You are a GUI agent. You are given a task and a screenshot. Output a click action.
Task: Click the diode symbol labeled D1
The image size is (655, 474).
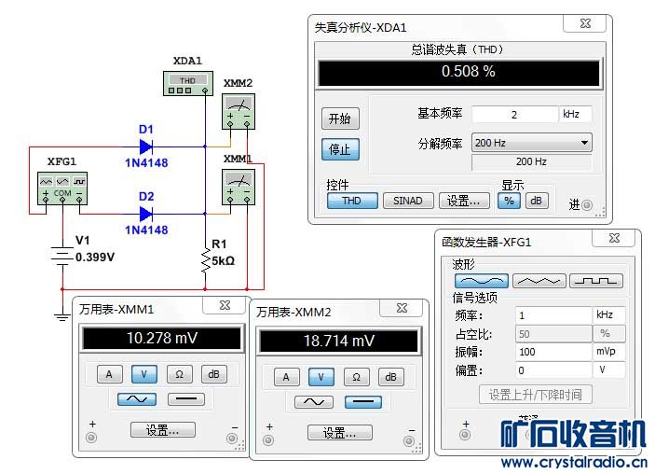pyautogui.click(x=146, y=146)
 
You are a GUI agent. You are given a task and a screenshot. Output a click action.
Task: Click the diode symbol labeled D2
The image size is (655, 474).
pyautogui.click(x=146, y=213)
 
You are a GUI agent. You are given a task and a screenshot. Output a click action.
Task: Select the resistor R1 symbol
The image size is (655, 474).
pyautogui.click(x=206, y=260)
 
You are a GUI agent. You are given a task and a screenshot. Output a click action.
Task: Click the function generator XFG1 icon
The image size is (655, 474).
pyautogui.click(x=61, y=187)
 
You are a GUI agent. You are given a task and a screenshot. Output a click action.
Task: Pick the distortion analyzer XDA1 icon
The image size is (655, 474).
pyautogui.click(x=186, y=85)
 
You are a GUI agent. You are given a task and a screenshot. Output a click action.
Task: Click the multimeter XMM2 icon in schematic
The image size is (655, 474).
pyautogui.click(x=238, y=113)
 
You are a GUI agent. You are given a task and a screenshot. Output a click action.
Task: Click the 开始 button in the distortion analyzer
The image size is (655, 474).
pyautogui.click(x=340, y=119)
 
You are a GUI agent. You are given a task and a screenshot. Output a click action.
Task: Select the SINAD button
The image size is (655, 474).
pyautogui.click(x=407, y=201)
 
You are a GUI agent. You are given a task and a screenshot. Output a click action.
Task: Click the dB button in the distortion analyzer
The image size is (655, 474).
pyautogui.click(x=536, y=201)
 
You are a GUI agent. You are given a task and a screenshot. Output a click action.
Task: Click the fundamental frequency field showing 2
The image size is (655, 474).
pyautogui.click(x=513, y=114)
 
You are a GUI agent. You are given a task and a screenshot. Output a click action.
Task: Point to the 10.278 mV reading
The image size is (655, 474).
pyautogui.click(x=161, y=338)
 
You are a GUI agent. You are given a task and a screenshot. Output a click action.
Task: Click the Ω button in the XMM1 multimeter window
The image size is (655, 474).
pyautogui.click(x=180, y=374)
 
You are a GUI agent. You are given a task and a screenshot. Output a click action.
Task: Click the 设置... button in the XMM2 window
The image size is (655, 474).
pyautogui.click(x=340, y=433)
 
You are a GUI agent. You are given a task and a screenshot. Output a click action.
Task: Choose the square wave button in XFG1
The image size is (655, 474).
pyautogui.click(x=596, y=280)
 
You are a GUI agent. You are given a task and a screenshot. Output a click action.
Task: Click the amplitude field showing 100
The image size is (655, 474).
pyautogui.click(x=553, y=353)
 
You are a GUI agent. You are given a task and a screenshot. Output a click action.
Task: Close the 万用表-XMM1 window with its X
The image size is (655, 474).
pyautogui.click(x=225, y=305)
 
